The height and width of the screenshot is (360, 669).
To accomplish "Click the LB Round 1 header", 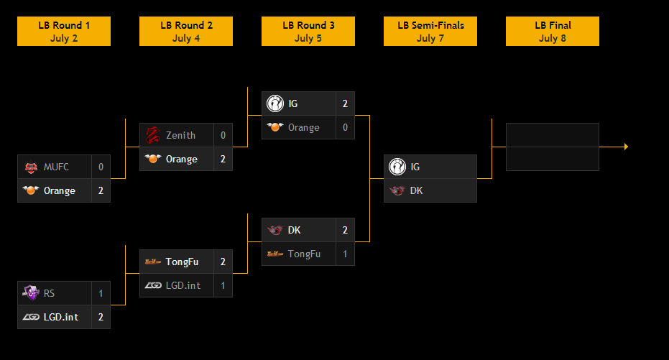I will tap(64, 32).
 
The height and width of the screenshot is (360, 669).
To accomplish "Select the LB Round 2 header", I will tap(186, 32).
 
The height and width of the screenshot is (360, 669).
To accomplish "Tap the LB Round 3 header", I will tap(308, 32).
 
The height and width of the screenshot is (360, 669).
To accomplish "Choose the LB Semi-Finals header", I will tap(430, 32).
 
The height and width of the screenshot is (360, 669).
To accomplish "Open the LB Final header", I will tap(553, 32).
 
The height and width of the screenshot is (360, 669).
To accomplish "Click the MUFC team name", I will tap(56, 167).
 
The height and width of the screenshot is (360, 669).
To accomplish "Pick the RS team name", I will tap(49, 293).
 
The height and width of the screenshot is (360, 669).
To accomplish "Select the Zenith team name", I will tap(180, 135).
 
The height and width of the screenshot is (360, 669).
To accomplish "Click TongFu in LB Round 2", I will tap(182, 262).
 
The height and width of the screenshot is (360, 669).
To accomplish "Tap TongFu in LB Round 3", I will tap(304, 254).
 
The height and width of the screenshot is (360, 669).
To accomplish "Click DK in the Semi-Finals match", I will tap(416, 190).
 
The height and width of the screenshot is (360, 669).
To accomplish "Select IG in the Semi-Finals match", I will tap(415, 167).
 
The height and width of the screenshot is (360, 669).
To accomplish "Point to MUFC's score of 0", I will tap(101, 167).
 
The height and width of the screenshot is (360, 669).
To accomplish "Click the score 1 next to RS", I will tap(101, 293).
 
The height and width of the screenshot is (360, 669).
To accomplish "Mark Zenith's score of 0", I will tap(223, 135).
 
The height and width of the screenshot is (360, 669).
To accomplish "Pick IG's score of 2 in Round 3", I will tap(345, 103).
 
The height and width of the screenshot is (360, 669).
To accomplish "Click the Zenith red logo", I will tap(152, 135).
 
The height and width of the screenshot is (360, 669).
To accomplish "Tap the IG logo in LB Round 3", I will tap(274, 103).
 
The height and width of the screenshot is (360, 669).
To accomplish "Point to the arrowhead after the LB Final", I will tap(626, 147).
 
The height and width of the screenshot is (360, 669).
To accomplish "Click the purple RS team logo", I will tap(30, 292).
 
